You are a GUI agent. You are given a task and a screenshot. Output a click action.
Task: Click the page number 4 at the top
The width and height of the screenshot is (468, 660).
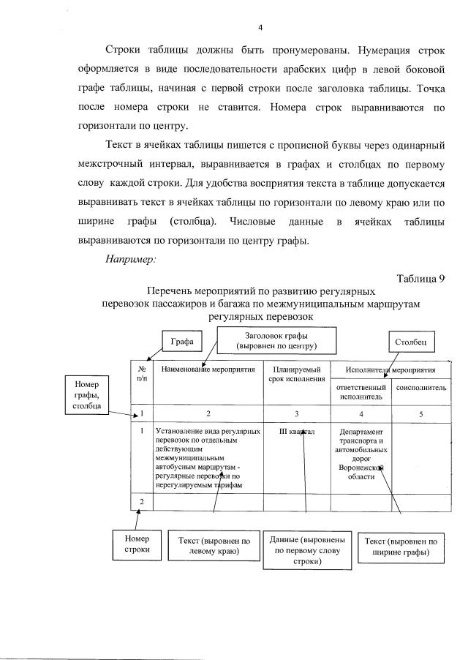(260, 28)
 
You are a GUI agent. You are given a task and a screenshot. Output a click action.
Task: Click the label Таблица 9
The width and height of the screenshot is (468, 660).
(421, 278)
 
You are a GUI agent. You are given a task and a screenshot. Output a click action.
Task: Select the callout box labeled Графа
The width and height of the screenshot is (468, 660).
(177, 342)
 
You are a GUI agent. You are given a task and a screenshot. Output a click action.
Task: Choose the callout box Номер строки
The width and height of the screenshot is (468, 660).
(137, 544)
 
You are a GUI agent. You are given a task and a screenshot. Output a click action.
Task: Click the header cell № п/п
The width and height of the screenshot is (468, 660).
(141, 374)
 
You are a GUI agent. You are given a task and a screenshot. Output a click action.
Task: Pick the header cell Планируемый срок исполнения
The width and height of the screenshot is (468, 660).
(296, 374)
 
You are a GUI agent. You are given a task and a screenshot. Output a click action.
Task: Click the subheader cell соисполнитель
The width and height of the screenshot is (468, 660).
(420, 388)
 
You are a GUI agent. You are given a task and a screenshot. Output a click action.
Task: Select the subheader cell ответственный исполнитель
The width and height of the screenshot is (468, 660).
(360, 391)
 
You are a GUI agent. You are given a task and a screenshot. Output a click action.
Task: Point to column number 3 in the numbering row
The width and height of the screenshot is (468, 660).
(296, 414)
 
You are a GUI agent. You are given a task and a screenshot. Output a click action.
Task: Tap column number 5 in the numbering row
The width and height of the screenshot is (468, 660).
(420, 414)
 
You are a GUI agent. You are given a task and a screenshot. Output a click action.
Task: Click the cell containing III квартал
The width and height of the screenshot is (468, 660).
(296, 432)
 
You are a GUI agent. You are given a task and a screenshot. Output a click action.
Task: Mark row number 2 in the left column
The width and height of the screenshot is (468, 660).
(141, 501)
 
